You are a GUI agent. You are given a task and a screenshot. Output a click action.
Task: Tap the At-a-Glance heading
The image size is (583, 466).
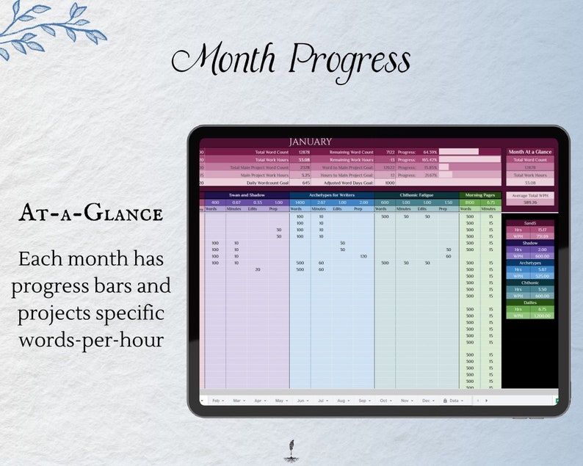pyautogui.click(x=90, y=214)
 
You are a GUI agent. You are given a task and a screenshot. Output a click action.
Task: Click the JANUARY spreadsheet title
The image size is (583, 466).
pyautogui.click(x=310, y=142)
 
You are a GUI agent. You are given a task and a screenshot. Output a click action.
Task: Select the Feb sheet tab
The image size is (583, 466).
pyautogui.click(x=218, y=401)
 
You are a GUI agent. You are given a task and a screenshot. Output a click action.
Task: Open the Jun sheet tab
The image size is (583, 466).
pyautogui.click(x=302, y=401)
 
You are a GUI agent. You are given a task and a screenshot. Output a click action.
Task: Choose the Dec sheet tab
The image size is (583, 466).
pyautogui.click(x=427, y=401)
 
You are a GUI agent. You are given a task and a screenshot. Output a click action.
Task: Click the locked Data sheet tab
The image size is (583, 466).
pyautogui.click(x=452, y=401)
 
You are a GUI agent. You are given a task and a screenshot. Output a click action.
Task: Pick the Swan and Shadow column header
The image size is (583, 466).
pyautogui.click(x=247, y=195)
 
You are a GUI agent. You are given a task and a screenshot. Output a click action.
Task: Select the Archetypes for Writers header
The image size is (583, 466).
pyautogui.click(x=332, y=195)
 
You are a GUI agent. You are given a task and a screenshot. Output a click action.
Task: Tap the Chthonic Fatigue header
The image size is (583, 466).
pyautogui.click(x=418, y=195)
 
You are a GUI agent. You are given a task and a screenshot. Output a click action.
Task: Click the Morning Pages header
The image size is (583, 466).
pyautogui.click(x=481, y=195)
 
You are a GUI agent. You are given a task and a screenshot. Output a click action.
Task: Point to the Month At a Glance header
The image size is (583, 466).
pyautogui.click(x=529, y=152)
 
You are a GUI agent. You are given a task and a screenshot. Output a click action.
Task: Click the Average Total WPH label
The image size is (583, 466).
pyautogui.click(x=529, y=195)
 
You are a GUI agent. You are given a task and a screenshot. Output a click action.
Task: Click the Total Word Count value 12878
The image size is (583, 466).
pyautogui.click(x=303, y=152)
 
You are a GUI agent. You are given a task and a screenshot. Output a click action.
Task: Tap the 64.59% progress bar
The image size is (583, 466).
pyautogui.click(x=459, y=152)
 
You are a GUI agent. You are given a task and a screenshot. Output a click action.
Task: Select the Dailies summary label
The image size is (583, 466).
pyautogui.click(x=529, y=302)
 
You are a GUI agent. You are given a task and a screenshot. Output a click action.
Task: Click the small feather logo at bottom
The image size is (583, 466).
pyautogui.click(x=291, y=449)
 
